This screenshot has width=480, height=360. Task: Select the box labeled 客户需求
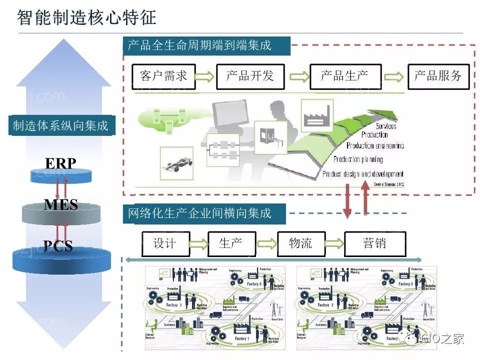(163, 76)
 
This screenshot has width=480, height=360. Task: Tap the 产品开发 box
(250, 76)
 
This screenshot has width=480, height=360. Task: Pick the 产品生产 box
(345, 76)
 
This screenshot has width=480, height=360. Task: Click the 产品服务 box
(438, 76)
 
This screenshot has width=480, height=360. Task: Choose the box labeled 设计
(165, 243)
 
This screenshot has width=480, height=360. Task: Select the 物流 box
(301, 243)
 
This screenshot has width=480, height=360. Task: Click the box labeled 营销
(375, 243)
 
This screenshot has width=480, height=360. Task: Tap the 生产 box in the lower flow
(231, 243)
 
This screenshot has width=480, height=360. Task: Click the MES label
(60, 204)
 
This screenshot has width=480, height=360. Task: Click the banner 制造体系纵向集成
(60, 125)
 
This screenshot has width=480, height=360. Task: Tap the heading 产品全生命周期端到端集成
(199, 46)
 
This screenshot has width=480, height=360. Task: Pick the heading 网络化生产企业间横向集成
(199, 214)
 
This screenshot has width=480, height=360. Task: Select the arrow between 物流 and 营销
(335, 244)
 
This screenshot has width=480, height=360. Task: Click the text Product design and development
(362, 174)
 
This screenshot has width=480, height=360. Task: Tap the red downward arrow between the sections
(346, 198)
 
